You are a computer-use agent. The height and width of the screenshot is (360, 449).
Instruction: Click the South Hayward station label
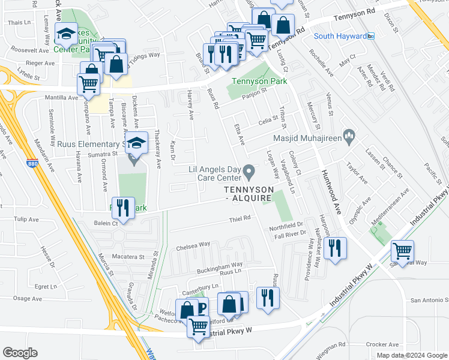tap(340, 36)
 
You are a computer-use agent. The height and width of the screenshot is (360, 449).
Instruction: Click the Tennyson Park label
tap(259, 82)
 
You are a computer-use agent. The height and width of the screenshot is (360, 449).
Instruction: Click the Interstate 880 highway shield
tap(33, 163)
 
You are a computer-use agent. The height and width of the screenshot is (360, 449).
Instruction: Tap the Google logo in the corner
tap(20, 352)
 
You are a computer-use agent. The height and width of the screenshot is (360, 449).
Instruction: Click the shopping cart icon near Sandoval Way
tap(402, 250)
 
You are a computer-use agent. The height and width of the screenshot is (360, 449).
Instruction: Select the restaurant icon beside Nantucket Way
tap(336, 248)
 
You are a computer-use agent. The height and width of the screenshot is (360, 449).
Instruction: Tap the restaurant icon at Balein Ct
tap(123, 209)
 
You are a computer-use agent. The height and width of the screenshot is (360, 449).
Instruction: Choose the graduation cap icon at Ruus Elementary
tap(137, 143)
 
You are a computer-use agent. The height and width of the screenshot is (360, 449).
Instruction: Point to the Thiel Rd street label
tap(240, 220)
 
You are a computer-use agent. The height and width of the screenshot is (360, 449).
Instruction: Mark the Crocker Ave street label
tap(378, 344)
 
